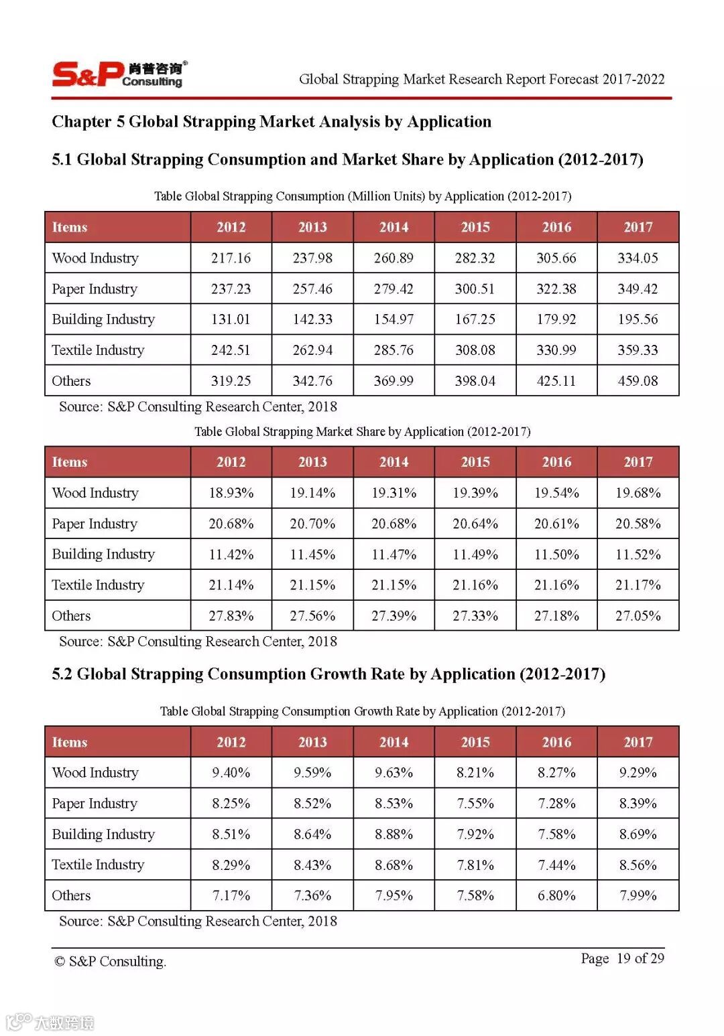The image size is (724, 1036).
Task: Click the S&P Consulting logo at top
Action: point(119,74)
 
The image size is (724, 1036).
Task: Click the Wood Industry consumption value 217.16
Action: point(231,258)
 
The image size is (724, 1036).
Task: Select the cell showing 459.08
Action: point(638,381)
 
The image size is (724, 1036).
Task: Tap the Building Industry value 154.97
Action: point(394,319)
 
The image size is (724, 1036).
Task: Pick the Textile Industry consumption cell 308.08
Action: point(475,350)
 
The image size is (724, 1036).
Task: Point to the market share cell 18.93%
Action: point(231,493)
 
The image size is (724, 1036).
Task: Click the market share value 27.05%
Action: point(638,616)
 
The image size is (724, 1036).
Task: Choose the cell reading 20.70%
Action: point(312,524)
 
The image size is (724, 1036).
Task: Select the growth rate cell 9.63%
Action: point(394,773)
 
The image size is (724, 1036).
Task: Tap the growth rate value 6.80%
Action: point(556,896)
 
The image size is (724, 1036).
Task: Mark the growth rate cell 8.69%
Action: point(638,834)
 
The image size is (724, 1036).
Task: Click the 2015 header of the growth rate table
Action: point(475,742)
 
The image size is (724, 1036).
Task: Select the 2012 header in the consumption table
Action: point(231,227)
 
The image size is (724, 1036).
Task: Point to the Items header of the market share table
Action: point(70,462)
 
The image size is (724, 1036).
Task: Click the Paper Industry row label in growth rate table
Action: point(95,804)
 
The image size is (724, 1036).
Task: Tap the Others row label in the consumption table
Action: point(71,381)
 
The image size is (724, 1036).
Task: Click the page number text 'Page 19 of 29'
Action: point(622,958)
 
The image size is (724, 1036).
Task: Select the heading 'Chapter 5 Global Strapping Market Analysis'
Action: point(271,122)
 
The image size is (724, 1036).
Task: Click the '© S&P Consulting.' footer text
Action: point(110,962)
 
